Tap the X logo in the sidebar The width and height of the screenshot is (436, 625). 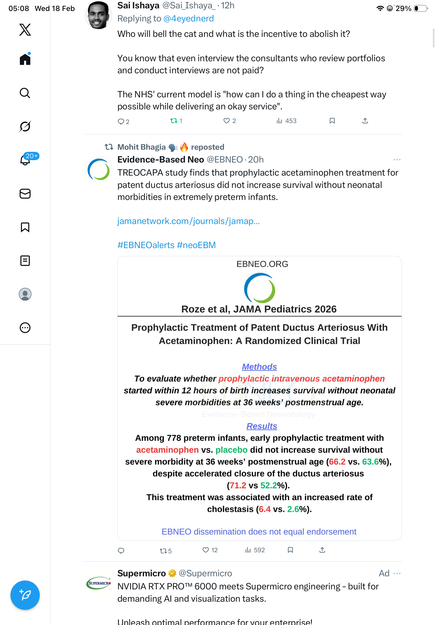click(25, 30)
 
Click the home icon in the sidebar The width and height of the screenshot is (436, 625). click(25, 59)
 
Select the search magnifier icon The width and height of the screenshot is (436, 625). click(25, 93)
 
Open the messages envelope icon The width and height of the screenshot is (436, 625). click(25, 194)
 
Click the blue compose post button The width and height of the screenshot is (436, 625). click(25, 595)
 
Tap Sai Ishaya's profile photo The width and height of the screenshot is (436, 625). click(98, 15)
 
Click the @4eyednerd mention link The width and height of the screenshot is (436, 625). click(188, 19)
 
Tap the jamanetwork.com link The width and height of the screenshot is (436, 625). click(188, 221)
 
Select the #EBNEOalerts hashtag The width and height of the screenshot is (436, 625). click(146, 245)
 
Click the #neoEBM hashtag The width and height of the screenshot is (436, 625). click(196, 245)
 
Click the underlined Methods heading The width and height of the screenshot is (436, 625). click(259, 367)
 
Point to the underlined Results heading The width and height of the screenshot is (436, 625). click(261, 426)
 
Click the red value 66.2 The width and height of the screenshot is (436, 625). click(337, 462)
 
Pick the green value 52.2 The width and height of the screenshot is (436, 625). click(268, 485)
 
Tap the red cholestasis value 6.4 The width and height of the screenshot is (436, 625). click(265, 509)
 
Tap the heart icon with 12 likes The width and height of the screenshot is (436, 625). click(206, 550)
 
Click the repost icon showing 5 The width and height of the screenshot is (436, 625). click(163, 551)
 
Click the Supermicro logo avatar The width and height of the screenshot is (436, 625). click(98, 583)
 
